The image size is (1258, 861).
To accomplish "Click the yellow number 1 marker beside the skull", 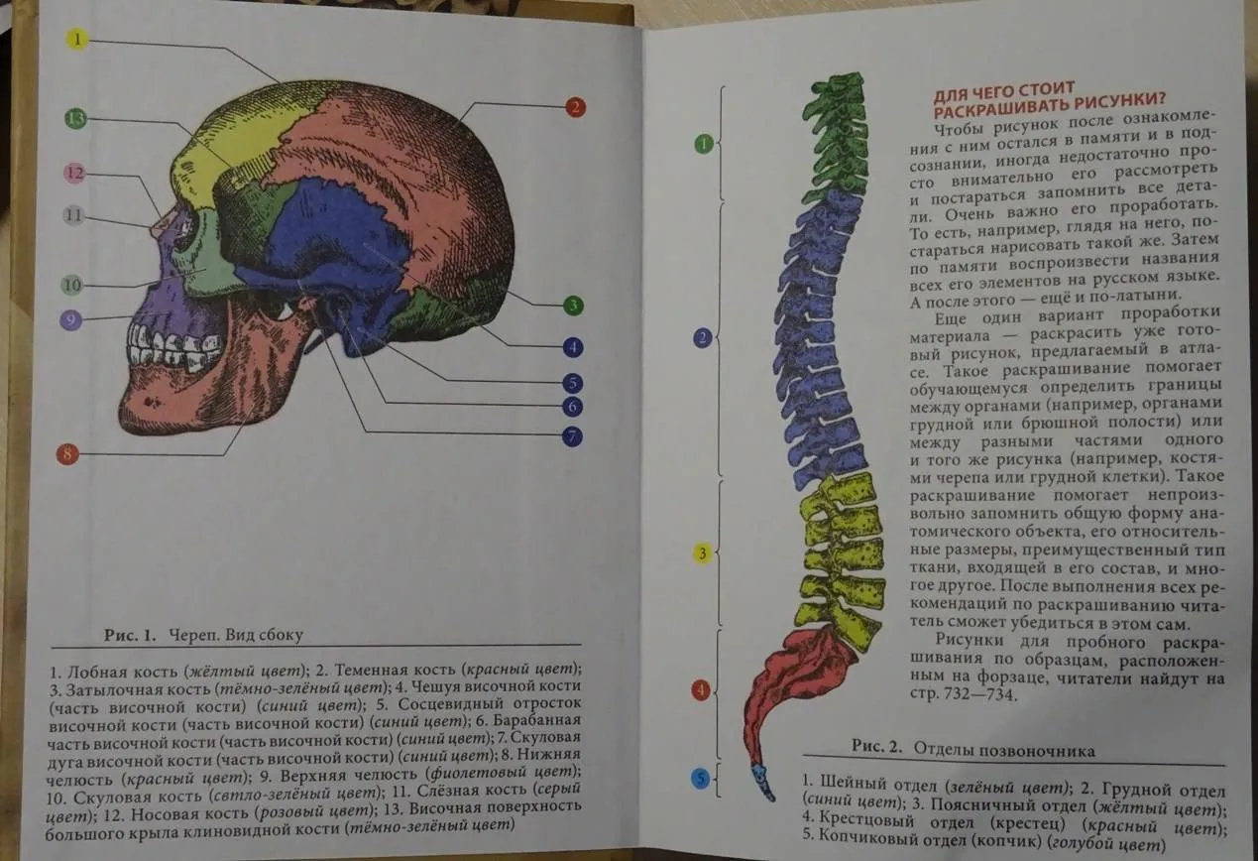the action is pos(77,40).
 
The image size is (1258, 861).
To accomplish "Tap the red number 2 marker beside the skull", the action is pos(575,107).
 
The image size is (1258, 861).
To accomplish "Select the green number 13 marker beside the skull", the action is pos(75,119).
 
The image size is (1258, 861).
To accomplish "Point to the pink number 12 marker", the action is pos(74,173).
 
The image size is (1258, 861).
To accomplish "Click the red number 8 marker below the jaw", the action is pos(67,454).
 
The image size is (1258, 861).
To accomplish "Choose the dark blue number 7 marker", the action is pos(572,436).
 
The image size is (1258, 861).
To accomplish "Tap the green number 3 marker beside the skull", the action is pos(573,306).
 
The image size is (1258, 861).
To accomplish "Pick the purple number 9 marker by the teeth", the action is pos(70,320).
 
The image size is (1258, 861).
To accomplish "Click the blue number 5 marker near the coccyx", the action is pos(700,779).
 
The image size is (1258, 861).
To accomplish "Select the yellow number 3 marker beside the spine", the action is pos(702,553).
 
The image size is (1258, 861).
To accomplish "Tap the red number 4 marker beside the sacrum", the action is pos(701,689).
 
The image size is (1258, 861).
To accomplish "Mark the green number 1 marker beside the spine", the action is pos(704,144).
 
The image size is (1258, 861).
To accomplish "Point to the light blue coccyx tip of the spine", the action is pos(763,782).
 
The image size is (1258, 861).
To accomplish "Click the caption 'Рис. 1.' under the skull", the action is pos(130,636).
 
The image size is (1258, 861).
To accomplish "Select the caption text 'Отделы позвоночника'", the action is pos(1004,749).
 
